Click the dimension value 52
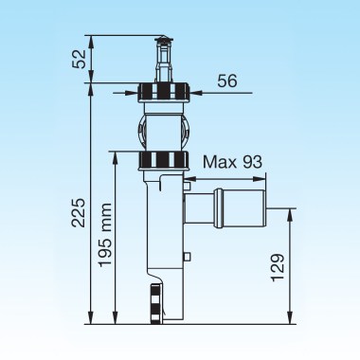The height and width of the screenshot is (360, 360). [79, 59]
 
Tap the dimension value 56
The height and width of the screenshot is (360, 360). [227, 81]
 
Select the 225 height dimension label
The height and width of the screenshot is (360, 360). [79, 212]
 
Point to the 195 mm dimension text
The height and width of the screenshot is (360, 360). [105, 235]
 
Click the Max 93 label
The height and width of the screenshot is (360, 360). [232, 162]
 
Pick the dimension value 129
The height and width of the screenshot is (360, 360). [278, 267]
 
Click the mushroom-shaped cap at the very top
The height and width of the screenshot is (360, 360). [163, 40]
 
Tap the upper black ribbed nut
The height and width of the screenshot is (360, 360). [163, 92]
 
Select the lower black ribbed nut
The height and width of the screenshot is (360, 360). [163, 160]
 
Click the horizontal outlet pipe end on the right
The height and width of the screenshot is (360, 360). [240, 208]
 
